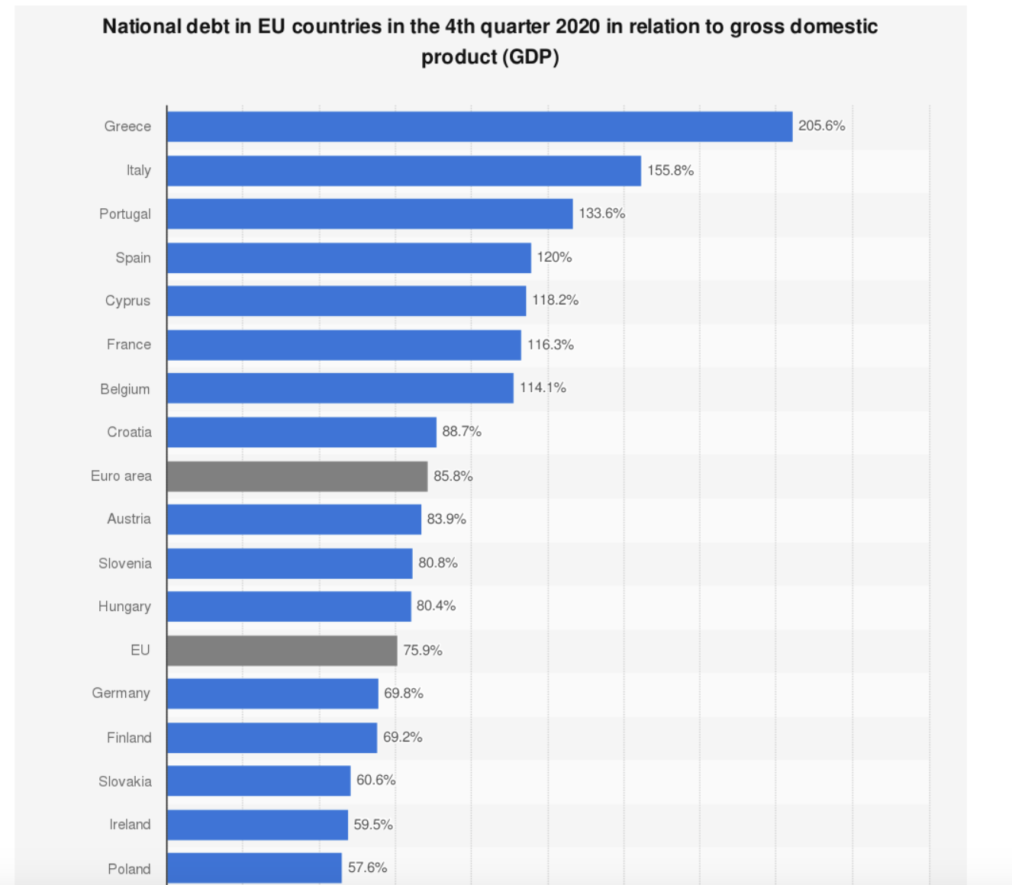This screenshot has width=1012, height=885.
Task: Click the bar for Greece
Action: click(x=479, y=127)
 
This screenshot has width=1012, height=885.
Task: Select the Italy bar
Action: click(x=404, y=171)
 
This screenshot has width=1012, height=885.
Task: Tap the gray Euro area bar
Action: click(x=297, y=476)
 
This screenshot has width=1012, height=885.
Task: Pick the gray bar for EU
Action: click(x=282, y=650)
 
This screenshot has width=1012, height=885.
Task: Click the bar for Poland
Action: click(x=254, y=868)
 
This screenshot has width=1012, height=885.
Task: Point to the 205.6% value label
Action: click(x=821, y=126)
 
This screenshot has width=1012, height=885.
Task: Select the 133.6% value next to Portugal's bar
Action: click(x=601, y=214)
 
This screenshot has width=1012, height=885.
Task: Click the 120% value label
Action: click(x=554, y=257)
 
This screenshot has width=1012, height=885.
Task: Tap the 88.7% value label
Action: click(x=462, y=432)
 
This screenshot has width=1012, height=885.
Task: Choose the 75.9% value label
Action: click(x=423, y=650)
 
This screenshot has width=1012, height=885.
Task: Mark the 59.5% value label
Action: click(x=373, y=825)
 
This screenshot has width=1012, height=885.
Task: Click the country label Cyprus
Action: click(x=127, y=301)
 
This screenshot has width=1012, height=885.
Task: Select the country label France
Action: click(x=128, y=345)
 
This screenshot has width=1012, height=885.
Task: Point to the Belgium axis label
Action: click(x=125, y=389)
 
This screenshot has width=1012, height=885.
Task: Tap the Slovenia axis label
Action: click(x=124, y=564)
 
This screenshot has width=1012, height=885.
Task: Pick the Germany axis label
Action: click(x=121, y=694)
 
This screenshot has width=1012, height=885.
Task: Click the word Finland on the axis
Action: click(x=129, y=738)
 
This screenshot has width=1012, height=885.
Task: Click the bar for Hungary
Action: click(x=288, y=607)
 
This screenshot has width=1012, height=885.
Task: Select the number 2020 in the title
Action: click(x=577, y=27)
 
